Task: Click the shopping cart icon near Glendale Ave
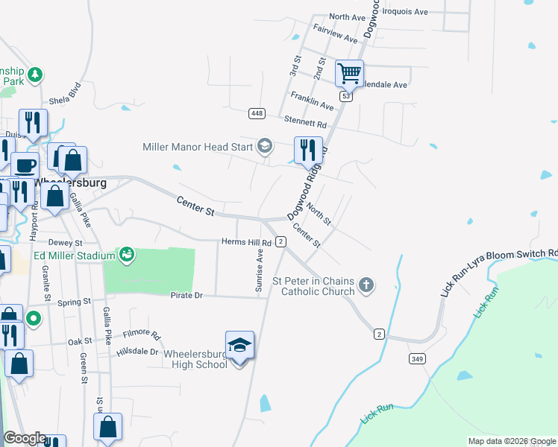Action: point(349,74)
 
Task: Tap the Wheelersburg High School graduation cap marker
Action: point(239,346)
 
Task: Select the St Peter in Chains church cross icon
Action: point(366,284)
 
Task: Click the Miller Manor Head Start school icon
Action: point(264,146)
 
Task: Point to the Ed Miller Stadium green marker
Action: point(127,255)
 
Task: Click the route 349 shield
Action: point(416,359)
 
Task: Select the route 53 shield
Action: point(345,97)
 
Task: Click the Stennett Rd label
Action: point(305,122)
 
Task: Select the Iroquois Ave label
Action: point(405,12)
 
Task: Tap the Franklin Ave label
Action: point(312,101)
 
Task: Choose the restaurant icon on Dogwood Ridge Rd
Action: point(308,150)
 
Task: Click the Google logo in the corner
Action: point(25,438)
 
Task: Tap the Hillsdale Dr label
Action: point(138,352)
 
